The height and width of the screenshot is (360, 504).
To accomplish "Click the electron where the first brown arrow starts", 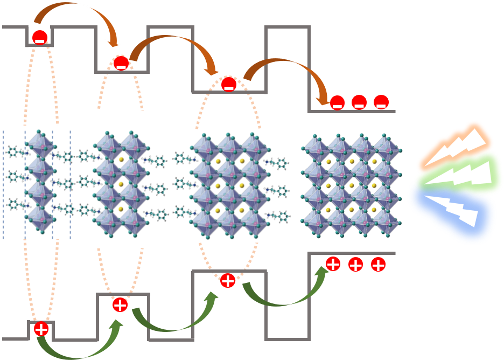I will (39, 38).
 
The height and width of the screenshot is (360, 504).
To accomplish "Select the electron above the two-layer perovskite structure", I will (121, 63).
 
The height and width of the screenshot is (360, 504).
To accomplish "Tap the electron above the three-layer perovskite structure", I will (229, 85).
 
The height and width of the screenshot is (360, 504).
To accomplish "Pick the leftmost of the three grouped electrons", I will (337, 102).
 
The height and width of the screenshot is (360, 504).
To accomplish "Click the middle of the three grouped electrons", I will (359, 102).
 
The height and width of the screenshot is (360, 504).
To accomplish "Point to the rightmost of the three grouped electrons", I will (381, 102).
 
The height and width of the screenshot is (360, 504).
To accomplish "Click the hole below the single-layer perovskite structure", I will (41, 329).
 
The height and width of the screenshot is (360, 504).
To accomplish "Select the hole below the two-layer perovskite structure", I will (120, 304).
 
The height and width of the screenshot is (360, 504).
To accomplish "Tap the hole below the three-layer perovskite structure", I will (228, 280).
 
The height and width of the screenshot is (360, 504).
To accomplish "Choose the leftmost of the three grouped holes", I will (333, 264).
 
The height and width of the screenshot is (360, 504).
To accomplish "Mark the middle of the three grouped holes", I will (355, 264).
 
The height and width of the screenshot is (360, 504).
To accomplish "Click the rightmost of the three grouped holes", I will (378, 264).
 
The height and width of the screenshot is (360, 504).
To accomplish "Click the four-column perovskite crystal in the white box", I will (351, 186).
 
